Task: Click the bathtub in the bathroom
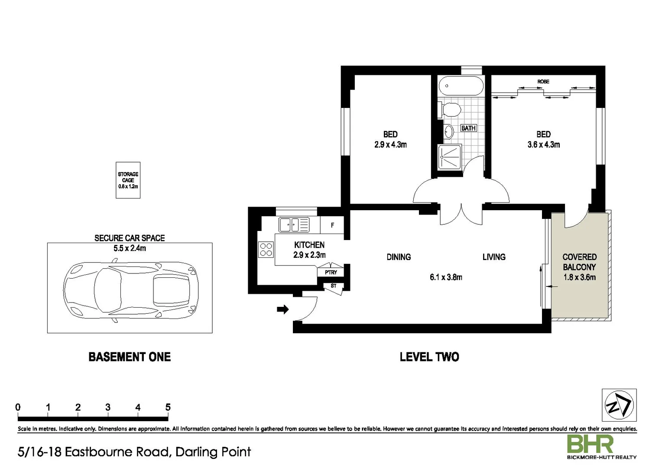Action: click(x=460, y=86)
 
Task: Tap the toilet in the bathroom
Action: click(x=450, y=110)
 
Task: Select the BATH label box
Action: click(x=468, y=128)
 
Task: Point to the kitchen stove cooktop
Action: click(x=266, y=250)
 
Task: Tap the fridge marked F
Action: click(x=332, y=225)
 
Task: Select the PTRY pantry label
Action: click(x=331, y=272)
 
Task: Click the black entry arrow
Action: click(x=283, y=309)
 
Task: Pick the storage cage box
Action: click(x=128, y=180)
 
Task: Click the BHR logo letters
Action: click(x=590, y=445)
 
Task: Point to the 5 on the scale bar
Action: click(x=168, y=407)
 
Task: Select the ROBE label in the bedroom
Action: click(x=543, y=81)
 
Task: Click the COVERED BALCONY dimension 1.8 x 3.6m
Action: click(x=579, y=277)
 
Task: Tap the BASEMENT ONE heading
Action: click(x=130, y=357)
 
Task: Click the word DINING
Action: click(x=399, y=257)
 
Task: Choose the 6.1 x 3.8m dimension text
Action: click(x=446, y=277)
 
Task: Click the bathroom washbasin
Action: click(x=449, y=130)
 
